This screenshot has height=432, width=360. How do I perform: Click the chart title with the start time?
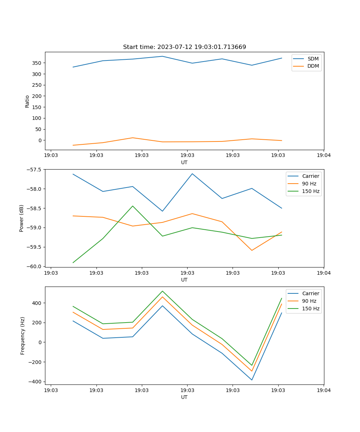pyautogui.click(x=184, y=47)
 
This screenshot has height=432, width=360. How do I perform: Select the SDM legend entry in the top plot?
pyautogui.click(x=313, y=59)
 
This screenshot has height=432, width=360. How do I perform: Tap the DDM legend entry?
pyautogui.click(x=313, y=66)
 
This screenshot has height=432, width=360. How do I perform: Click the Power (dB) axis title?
pyautogui.click(x=22, y=218)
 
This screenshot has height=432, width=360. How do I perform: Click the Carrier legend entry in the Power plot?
pyautogui.click(x=310, y=176)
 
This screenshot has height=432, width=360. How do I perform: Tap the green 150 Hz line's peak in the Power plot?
pyautogui.click(x=132, y=206)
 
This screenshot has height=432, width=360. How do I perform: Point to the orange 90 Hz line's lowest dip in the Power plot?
pyautogui.click(x=252, y=250)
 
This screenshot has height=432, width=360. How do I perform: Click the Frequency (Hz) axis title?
pyautogui.click(x=23, y=336)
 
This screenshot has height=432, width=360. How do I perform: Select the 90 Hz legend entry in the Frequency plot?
pyautogui.click(x=309, y=301)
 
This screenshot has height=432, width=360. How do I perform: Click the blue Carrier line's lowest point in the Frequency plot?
pyautogui.click(x=252, y=380)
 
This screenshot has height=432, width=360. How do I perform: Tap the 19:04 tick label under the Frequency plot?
pyautogui.click(x=324, y=390)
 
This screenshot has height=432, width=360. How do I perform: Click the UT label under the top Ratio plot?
pyautogui.click(x=184, y=162)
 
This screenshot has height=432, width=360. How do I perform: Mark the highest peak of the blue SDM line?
pyautogui.click(x=162, y=56)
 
